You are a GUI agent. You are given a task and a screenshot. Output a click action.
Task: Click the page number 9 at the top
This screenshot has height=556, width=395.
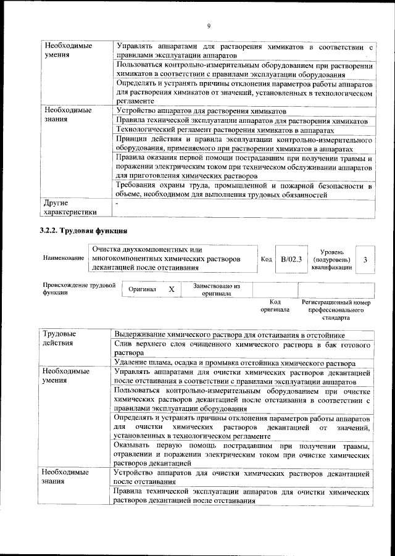pyautogui.click(x=209, y=25)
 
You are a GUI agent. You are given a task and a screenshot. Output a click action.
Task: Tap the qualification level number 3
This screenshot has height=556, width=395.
pyautogui.click(x=365, y=260)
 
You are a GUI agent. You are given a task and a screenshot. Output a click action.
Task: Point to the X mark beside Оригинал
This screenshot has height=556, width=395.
pyautogui.click(x=172, y=289)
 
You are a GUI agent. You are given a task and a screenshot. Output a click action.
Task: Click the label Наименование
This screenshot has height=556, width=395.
pyautogui.click(x=64, y=259)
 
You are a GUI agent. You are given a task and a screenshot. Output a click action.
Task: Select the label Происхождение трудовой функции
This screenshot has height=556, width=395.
pyautogui.click(x=80, y=289)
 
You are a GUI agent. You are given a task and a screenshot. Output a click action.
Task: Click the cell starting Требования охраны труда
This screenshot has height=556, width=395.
pyautogui.click(x=243, y=190)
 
